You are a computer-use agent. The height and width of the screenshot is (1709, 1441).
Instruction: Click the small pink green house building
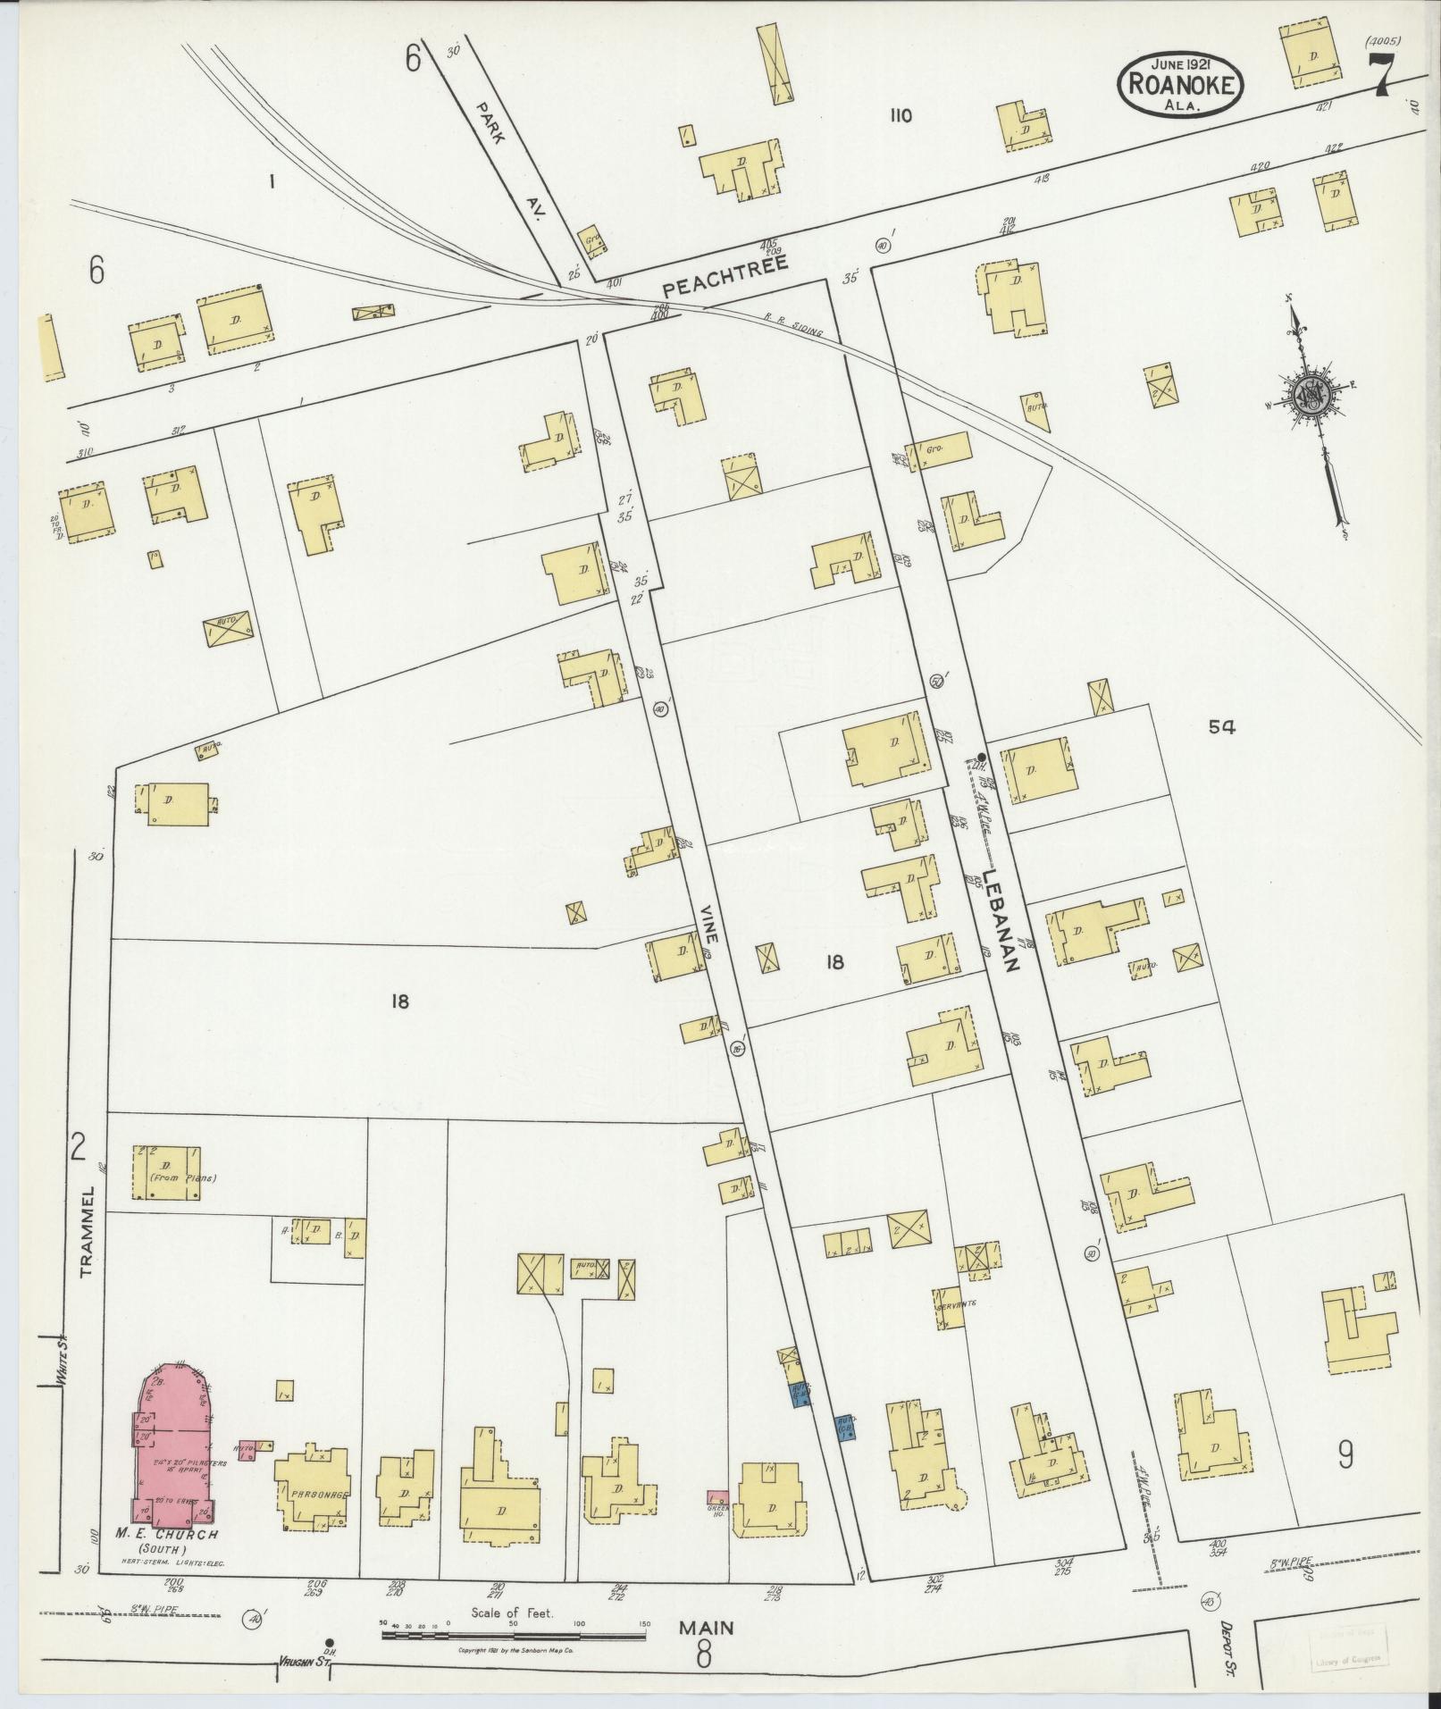click(x=717, y=1497)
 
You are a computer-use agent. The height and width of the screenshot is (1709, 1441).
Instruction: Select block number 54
click(x=1221, y=727)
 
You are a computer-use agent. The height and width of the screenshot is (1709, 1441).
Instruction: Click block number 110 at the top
click(x=900, y=115)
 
